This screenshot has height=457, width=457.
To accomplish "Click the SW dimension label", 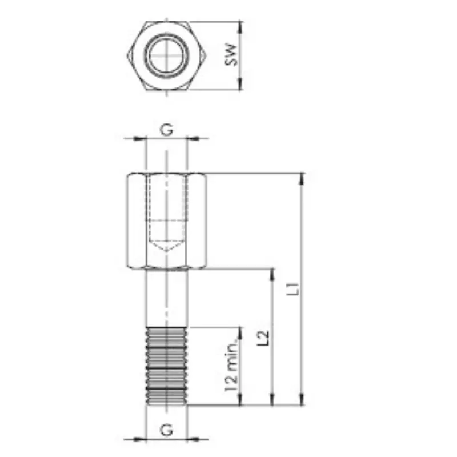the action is coord(231,55).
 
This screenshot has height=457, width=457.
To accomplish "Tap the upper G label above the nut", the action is coord(167,129).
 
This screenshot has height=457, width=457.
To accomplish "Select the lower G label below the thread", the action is coord(167,430).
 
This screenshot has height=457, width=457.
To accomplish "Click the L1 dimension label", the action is coord(293,289).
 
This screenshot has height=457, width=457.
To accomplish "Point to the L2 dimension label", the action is coord(263,338).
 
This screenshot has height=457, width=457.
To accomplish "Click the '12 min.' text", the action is coord(231,367).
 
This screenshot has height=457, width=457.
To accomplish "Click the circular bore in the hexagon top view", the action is coord(167,55).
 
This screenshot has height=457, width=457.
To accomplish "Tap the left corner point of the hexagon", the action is coord(127,55).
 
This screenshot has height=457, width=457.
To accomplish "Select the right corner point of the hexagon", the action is coord(207,55).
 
